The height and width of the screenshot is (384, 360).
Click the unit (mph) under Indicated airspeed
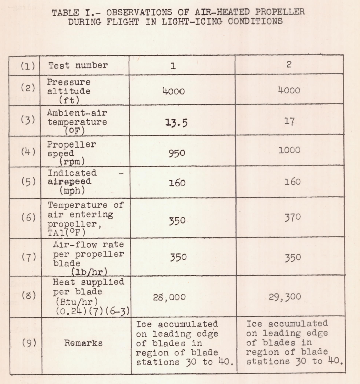point(70,191)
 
